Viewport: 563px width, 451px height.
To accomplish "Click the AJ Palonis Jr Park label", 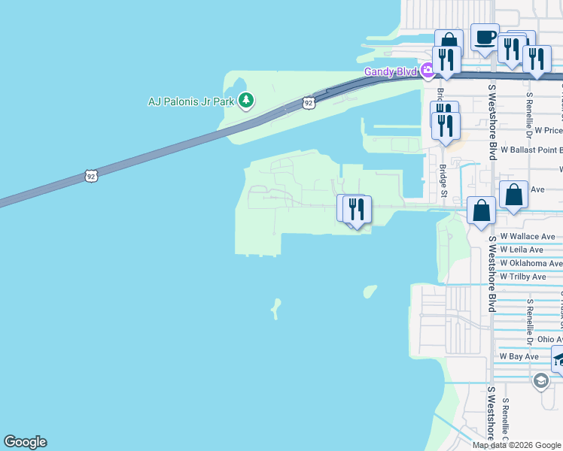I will click(x=191, y=101).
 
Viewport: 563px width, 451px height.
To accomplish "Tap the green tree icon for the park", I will click(x=245, y=100).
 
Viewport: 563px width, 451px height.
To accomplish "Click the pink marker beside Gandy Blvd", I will click(x=428, y=71).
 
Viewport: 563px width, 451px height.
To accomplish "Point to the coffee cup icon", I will click(x=485, y=37).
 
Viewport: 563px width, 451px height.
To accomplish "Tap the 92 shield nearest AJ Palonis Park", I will click(x=309, y=101).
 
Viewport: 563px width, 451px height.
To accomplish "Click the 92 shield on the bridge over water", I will click(x=90, y=176).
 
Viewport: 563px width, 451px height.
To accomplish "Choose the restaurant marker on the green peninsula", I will click(x=356, y=208).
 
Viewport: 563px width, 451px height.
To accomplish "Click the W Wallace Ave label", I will click(x=527, y=236).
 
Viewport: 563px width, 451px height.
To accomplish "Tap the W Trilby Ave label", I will click(x=522, y=277).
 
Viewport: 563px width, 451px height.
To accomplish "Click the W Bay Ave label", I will click(x=519, y=356).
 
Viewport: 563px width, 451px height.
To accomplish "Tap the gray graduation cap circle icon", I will click(x=540, y=382).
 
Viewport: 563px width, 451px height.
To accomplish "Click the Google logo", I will click(x=25, y=443).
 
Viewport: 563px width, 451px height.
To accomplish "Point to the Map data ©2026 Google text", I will click(x=516, y=445).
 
